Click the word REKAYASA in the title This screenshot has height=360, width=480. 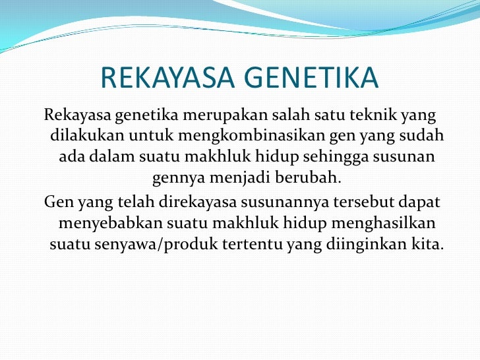click(165, 79)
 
